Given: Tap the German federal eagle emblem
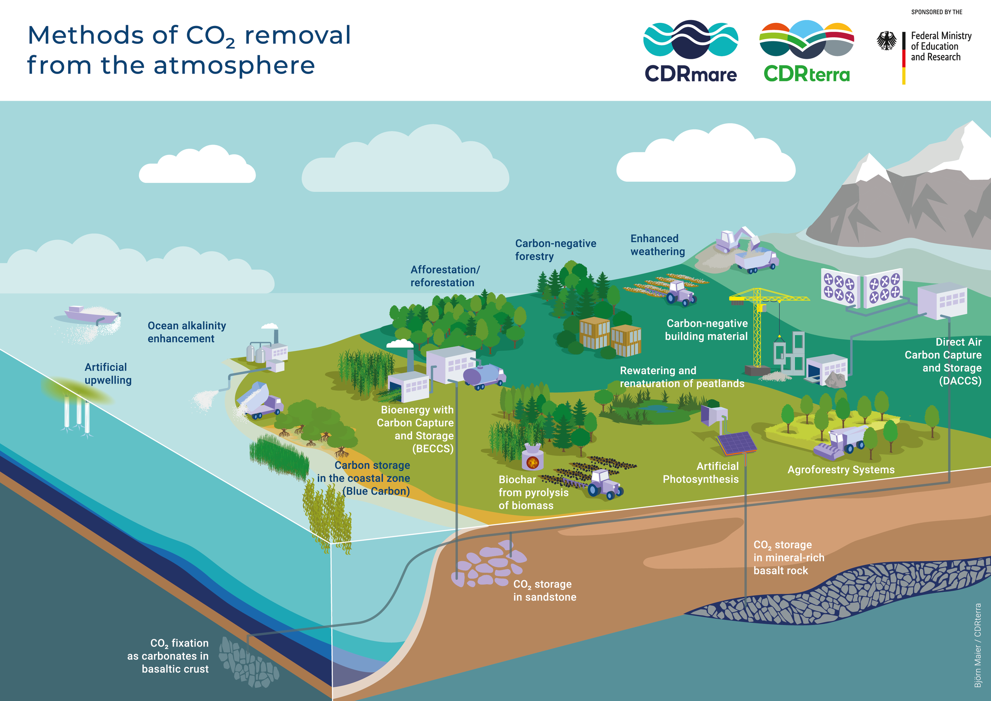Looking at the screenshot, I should pos(886,41).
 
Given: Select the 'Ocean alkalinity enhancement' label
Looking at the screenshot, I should pos(187,332).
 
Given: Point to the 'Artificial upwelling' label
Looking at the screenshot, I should pos(108,374).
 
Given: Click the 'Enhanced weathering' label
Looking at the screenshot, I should pos(657,245).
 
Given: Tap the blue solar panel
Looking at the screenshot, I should pos(736,443).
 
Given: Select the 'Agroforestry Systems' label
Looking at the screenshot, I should pos(841,469).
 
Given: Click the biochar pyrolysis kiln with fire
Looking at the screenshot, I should pos(533,458).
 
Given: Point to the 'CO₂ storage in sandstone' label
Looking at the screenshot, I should pos(544,591).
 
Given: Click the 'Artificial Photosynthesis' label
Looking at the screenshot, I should pos(701,472).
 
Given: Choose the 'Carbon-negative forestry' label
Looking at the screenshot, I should pos(556,250).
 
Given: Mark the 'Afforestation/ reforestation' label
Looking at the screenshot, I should pos(444,276).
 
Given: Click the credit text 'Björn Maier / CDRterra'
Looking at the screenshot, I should pos(977,645).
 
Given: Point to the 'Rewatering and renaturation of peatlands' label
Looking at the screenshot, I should pos(682,377).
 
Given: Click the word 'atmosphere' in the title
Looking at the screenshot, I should pos(234,66).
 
